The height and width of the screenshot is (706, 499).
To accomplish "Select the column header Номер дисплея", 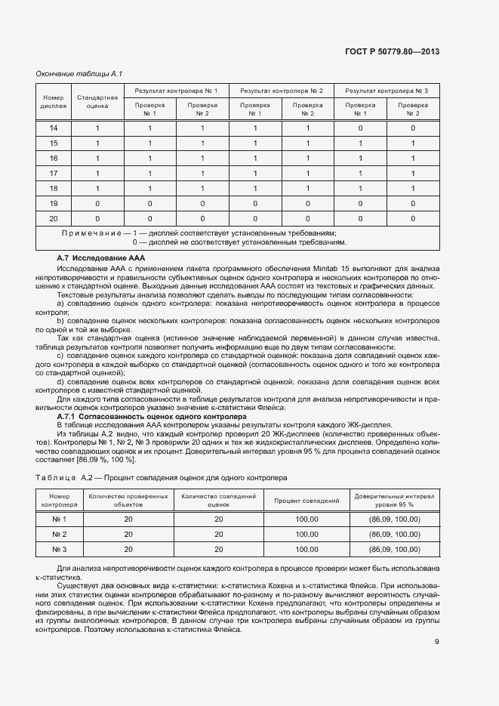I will coord(53,102).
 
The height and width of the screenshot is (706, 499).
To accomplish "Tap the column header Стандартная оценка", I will coord(97,102).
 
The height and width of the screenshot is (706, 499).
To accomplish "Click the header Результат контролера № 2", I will coord(281,91).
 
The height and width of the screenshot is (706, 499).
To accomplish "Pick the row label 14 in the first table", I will coord(53,128).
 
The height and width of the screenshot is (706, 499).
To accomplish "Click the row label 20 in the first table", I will coord(53,218).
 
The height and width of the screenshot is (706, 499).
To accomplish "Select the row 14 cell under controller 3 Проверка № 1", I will coord(360,128).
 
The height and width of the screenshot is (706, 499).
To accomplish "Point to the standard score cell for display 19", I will coord(97,203).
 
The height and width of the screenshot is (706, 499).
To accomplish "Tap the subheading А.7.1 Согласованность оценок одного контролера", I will coord(152,416).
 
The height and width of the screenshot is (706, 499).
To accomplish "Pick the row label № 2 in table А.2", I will coord(60,535).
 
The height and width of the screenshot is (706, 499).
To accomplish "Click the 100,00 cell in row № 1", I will coord(306,519).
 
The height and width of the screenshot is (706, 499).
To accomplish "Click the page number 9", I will coord(437,643).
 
